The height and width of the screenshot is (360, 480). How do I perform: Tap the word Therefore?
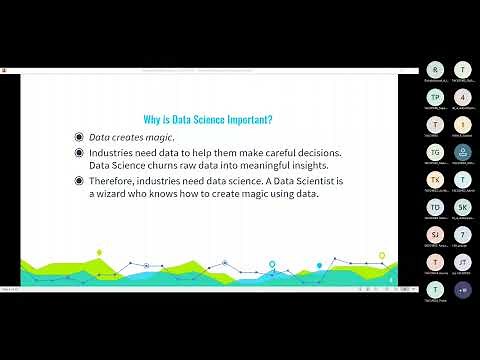116,180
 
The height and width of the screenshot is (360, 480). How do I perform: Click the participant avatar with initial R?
435,70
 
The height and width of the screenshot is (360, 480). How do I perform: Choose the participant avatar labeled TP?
435,97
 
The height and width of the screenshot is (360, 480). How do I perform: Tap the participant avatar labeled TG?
435,152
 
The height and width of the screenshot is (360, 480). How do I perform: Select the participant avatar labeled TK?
435,179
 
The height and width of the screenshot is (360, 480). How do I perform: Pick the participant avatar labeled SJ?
435,234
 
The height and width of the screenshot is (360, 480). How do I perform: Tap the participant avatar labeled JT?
462,261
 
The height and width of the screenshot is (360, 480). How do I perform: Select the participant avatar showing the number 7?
462,234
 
